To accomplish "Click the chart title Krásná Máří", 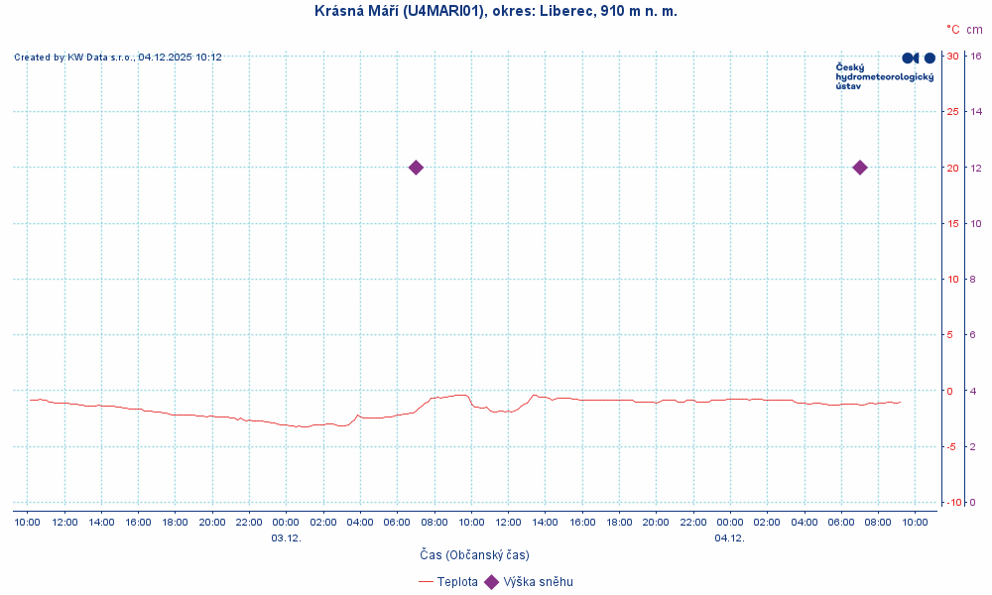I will [495, 11].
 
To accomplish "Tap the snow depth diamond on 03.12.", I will [416, 168].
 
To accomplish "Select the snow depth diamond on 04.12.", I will [860, 168].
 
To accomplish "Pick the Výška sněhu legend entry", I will [538, 582].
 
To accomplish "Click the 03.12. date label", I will [286, 537].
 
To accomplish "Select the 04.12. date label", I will [729, 537].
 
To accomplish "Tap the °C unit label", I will [952, 30].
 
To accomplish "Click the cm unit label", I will [975, 30].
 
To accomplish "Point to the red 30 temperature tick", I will [952, 57].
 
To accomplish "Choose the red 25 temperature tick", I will [952, 112].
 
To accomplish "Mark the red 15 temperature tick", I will [952, 223].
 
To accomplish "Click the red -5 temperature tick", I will [951, 446].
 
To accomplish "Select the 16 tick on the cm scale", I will [976, 57].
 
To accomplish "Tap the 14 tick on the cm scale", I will [976, 112].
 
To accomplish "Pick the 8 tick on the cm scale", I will [976, 280].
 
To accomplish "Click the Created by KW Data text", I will [118, 58].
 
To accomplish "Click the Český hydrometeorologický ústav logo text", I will [884, 76].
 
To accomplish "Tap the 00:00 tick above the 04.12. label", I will [729, 523].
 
